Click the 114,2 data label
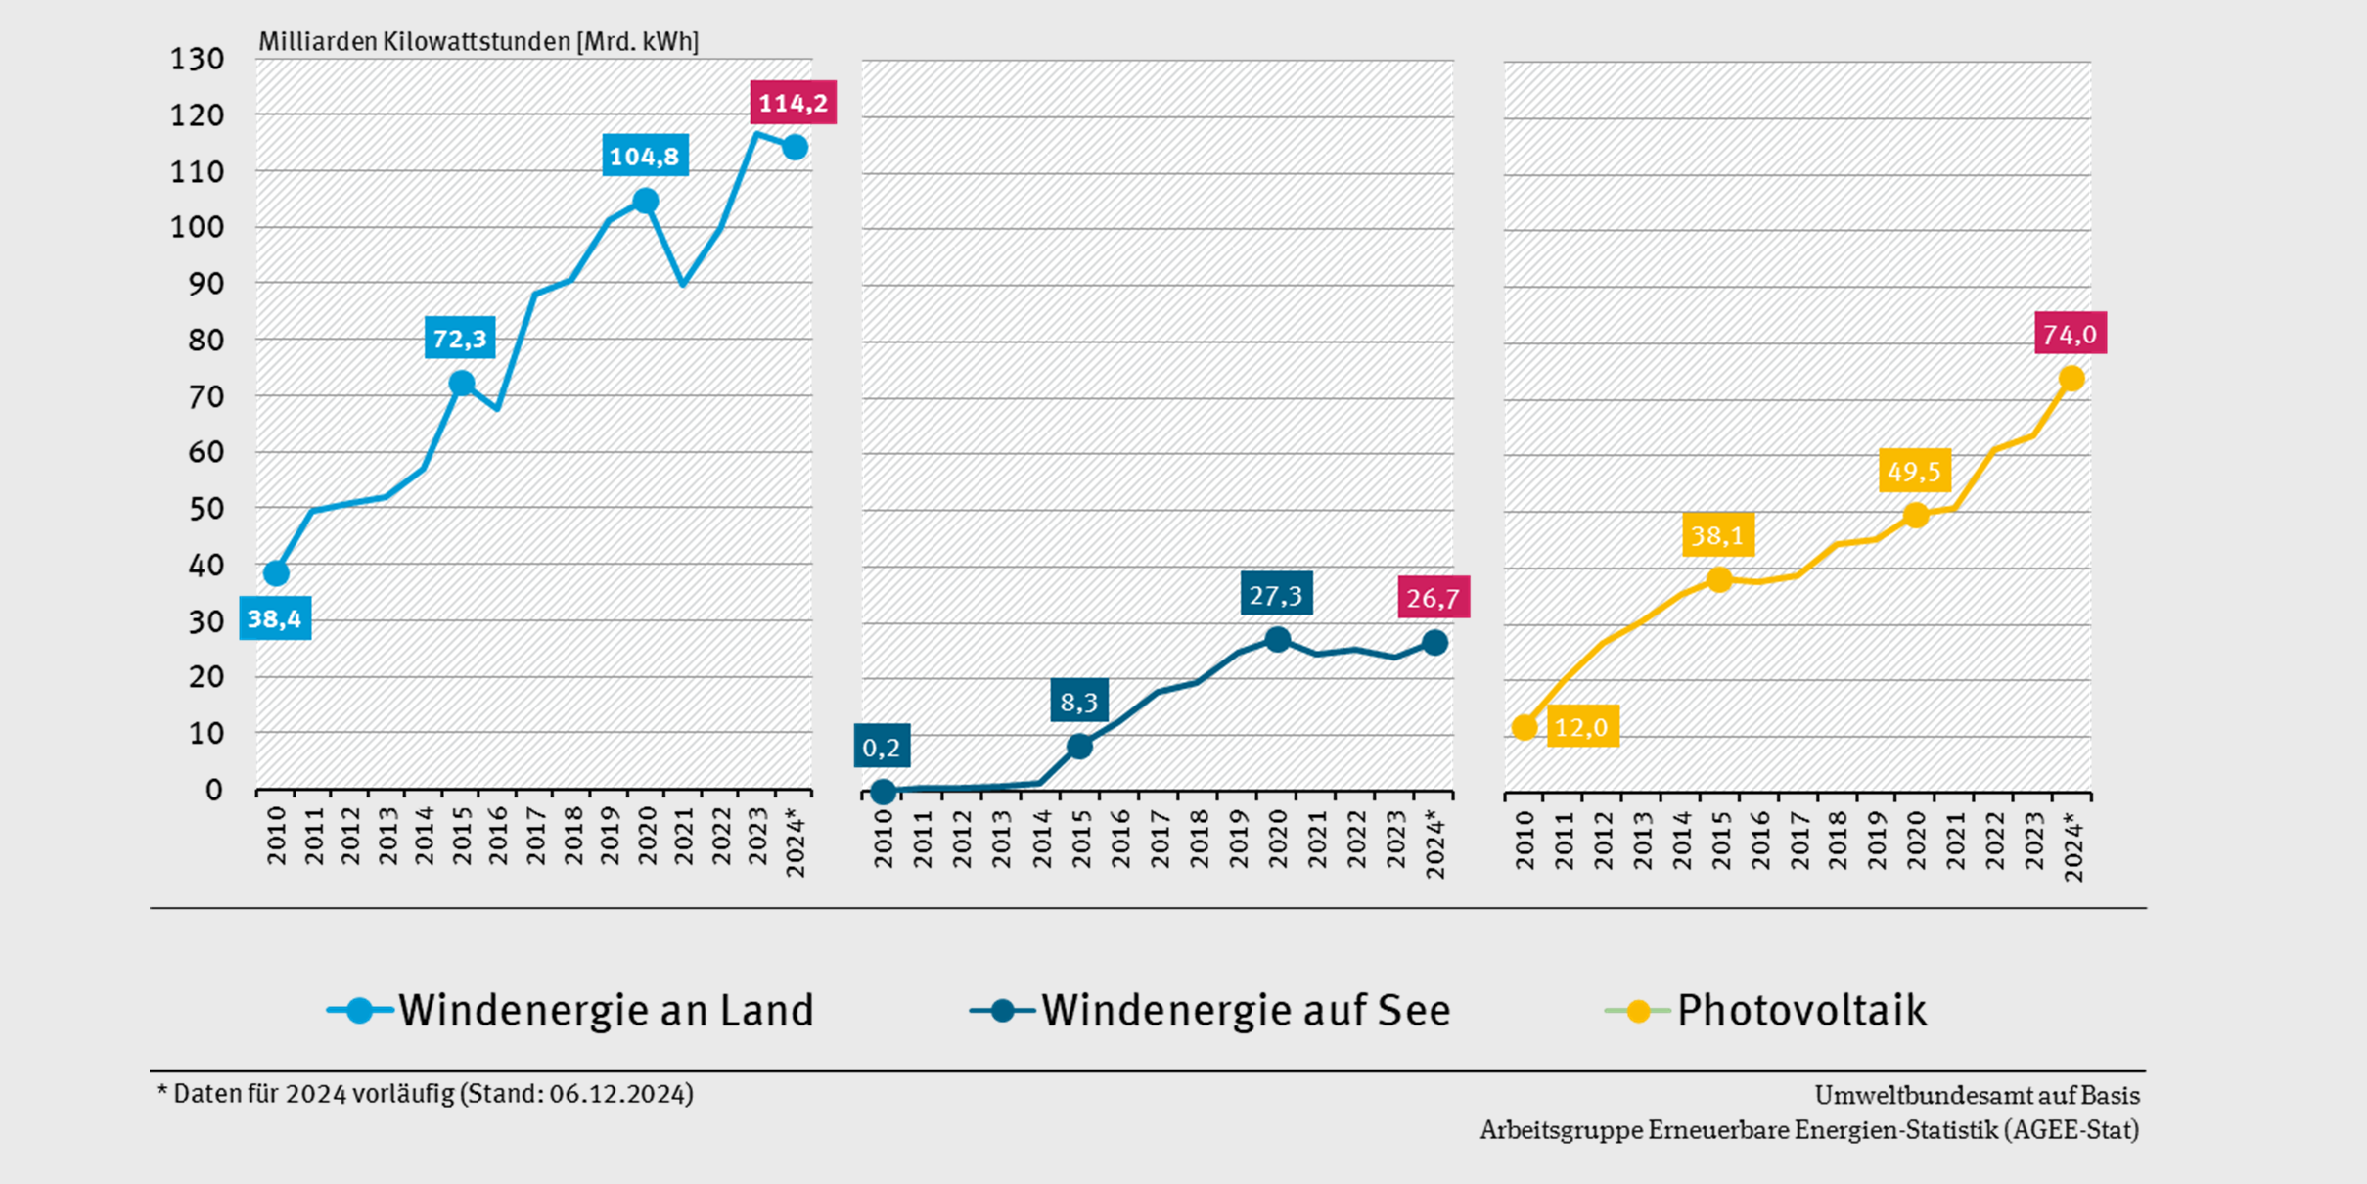coord(793,103)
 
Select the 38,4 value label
coord(275,618)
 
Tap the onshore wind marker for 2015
coord(462,384)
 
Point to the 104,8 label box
coord(644,156)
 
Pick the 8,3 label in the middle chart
coord(1079,701)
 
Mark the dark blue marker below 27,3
coord(1277,640)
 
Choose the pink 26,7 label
coord(1433,598)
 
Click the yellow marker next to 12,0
coord(1524,727)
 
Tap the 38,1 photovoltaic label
coord(1717,535)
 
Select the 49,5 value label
coord(1914,472)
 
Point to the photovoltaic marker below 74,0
coord(2071,379)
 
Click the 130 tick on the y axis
coord(198,60)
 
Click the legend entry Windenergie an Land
coord(570,1010)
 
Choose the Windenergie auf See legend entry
coord(1210,1010)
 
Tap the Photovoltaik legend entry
coord(1767,1010)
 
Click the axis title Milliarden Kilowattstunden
coord(415,42)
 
